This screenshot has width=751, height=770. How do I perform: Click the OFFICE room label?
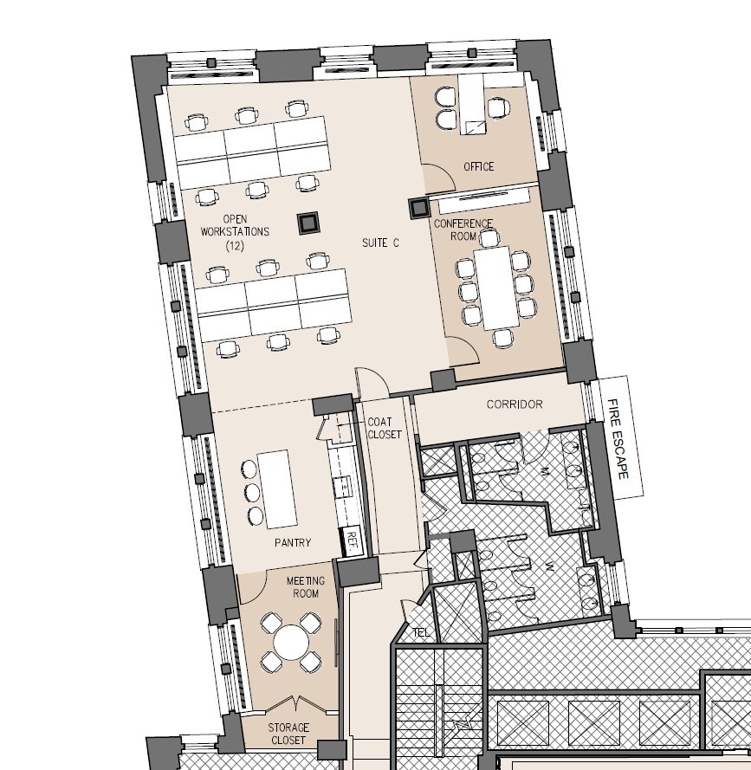(x=478, y=166)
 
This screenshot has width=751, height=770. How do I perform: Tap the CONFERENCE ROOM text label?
(x=463, y=230)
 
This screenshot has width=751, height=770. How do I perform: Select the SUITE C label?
(x=380, y=243)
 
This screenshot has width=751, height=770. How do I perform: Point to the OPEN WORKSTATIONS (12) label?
(x=235, y=232)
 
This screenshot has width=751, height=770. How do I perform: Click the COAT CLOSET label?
(x=385, y=428)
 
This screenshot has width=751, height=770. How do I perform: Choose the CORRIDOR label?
(x=515, y=404)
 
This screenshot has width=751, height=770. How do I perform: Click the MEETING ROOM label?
(x=305, y=587)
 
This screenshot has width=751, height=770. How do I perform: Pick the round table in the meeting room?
(x=291, y=643)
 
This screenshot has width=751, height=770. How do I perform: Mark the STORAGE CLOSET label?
(x=288, y=734)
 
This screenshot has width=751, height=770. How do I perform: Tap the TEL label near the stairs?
(x=421, y=632)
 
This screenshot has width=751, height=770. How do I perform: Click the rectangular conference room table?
(x=496, y=287)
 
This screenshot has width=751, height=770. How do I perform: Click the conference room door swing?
(x=465, y=349)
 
